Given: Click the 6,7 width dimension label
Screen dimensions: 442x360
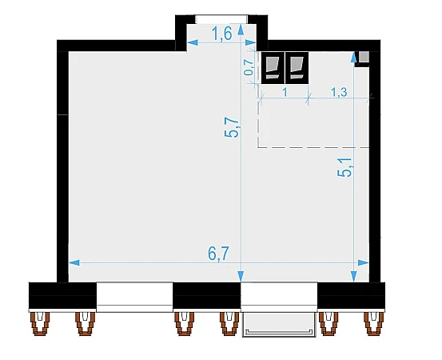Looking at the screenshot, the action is tap(218, 254).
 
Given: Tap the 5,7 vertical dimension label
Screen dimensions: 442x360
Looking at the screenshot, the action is tap(232, 127).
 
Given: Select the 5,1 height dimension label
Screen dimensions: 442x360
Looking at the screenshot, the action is tap(344, 167).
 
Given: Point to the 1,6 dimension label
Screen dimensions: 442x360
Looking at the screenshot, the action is tap(222, 34).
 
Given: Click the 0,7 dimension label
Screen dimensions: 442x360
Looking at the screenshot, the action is tap(249, 67).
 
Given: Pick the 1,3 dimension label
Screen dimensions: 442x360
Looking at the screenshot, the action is tap(339, 92).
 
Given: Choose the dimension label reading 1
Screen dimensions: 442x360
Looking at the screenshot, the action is tap(285, 92).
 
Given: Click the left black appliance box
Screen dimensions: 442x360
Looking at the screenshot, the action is tap(273, 68).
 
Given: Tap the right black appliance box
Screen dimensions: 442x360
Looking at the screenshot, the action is tap(297, 68).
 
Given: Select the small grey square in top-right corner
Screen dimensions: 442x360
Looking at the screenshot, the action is tap(364, 57).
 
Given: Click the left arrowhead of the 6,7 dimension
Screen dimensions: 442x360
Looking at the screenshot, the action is tap(74, 262).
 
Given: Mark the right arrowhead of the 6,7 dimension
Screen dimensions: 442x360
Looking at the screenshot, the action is tap(364, 262).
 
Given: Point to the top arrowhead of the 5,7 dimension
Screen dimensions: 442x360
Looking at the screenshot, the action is tap(241, 30).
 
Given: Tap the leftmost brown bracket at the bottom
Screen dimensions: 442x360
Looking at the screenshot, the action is tap(40, 323).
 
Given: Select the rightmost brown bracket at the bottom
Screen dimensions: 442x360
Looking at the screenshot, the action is tap(374, 323).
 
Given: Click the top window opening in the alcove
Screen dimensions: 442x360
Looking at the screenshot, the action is tap(221, 19).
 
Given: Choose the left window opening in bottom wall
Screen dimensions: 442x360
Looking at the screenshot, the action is tap(134, 297).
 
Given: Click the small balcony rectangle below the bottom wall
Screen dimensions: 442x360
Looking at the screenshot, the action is tap(279, 325).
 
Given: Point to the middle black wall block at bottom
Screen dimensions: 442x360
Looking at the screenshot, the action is tap(207, 296).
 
